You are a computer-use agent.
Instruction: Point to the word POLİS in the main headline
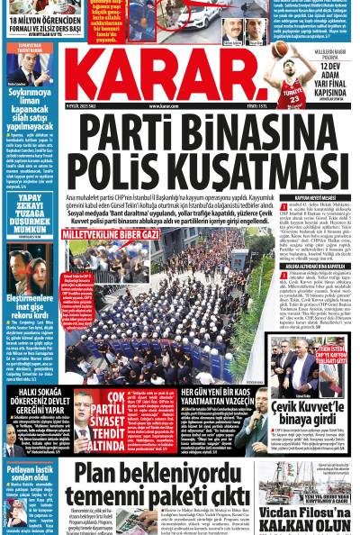pos(116,168)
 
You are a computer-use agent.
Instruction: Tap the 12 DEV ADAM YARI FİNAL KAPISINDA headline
pos(333,78)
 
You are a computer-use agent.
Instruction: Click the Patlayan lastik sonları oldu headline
pos(30,474)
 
